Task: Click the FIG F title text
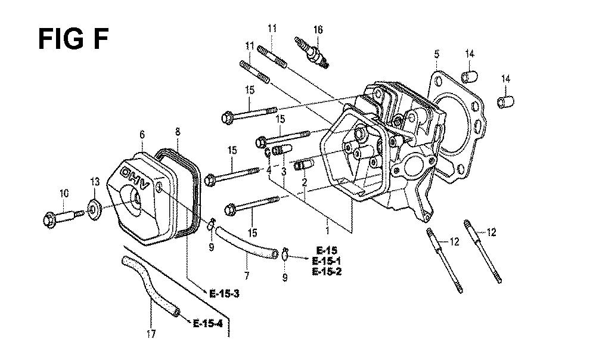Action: point(73,39)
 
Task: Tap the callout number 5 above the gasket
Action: point(437,54)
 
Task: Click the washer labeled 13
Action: point(94,209)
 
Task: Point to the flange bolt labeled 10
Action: point(64,218)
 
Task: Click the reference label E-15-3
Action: point(224,294)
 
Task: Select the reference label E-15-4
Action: point(207,324)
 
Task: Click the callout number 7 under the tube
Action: point(247,275)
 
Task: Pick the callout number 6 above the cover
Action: point(142,135)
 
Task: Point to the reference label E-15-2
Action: point(327,271)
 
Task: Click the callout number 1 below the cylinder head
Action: point(328,230)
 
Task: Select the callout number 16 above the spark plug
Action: point(318,29)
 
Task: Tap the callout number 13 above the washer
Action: point(95,182)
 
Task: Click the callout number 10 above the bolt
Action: point(64,193)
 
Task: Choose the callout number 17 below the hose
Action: point(151,334)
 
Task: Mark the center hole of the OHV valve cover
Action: point(135,197)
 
